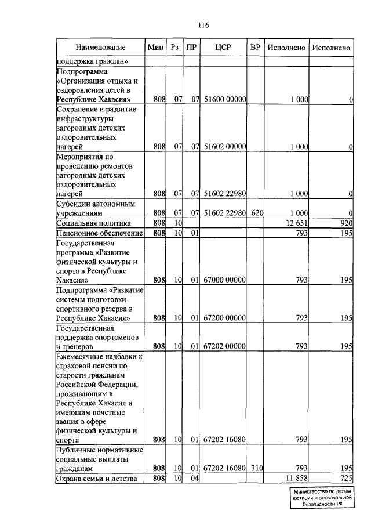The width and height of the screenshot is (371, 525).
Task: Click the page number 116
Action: [202, 25]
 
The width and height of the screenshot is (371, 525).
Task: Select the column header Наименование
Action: [100, 47]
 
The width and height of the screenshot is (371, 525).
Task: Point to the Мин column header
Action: [155, 47]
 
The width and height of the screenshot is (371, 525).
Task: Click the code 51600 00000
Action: [224, 100]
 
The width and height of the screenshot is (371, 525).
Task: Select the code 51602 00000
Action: [224, 147]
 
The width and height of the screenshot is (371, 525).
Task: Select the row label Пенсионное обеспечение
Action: [99, 233]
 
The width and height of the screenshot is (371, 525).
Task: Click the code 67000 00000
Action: [224, 280]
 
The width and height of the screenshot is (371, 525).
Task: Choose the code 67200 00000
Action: [224, 318]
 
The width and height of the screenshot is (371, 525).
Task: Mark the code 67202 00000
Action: [224, 346]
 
